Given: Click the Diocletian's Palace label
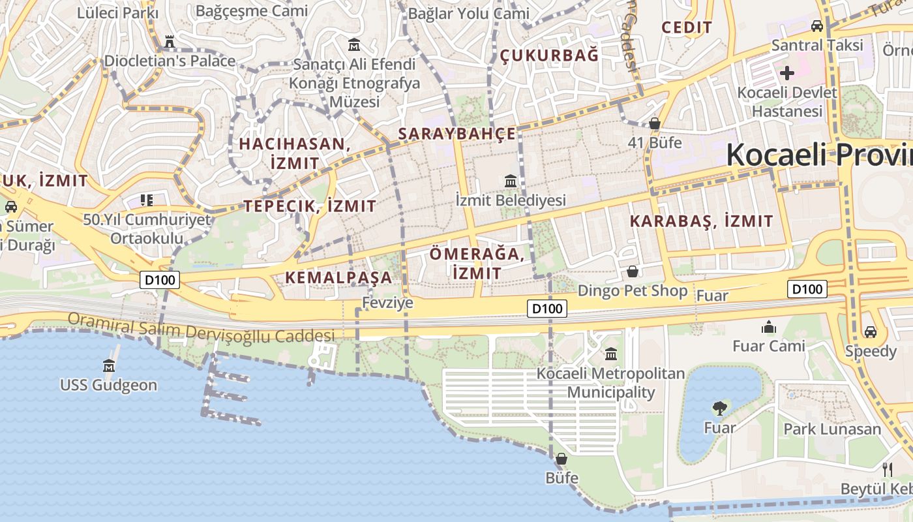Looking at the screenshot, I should click(170, 61).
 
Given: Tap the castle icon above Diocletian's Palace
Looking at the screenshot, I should click(170, 42).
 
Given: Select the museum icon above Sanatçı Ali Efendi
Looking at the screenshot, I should click(354, 44).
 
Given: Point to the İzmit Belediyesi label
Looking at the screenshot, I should click(511, 200).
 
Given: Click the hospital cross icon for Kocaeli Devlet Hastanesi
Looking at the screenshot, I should click(787, 72).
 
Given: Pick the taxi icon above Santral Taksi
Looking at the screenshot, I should click(817, 26).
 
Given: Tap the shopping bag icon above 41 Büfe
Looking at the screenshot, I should click(655, 123).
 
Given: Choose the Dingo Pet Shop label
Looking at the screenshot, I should click(633, 290).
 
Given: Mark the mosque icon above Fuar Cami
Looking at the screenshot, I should click(769, 326).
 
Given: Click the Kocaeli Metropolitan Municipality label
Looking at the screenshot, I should click(611, 383).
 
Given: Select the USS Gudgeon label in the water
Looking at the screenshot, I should click(109, 385).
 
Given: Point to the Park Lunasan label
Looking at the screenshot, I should click(832, 429).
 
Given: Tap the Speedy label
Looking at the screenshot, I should click(871, 351).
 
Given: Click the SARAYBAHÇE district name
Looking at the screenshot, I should click(457, 134).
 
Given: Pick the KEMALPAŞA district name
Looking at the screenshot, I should click(339, 277).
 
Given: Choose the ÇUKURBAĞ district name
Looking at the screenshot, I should click(549, 55).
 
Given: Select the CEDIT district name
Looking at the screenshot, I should click(687, 27).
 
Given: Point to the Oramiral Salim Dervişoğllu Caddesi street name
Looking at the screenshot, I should click(201, 328).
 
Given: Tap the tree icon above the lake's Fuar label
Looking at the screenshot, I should click(720, 408).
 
